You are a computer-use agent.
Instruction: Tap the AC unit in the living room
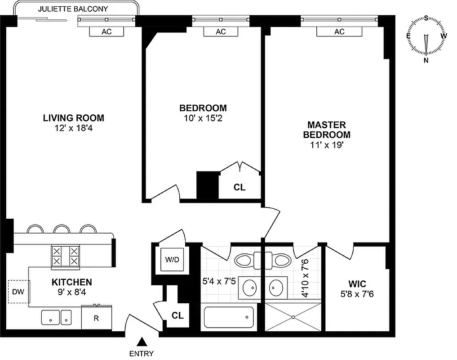click(106, 31)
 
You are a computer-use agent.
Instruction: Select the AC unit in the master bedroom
click(339, 31)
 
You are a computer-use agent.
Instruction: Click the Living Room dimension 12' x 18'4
click(73, 128)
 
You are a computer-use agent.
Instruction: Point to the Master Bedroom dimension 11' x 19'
click(327, 145)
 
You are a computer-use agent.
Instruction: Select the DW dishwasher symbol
click(18, 292)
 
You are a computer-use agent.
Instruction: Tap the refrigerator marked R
click(96, 318)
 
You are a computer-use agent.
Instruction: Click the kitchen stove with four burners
click(65, 256)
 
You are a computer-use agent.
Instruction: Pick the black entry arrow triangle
click(142, 342)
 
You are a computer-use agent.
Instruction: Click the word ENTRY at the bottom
click(142, 354)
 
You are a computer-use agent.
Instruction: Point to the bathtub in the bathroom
click(229, 317)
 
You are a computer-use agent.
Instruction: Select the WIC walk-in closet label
click(357, 284)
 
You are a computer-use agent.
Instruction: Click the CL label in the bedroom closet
click(240, 187)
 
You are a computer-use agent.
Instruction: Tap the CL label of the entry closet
click(177, 315)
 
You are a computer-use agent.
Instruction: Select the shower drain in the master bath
click(293, 317)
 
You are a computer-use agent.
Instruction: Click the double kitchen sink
click(57, 317)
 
